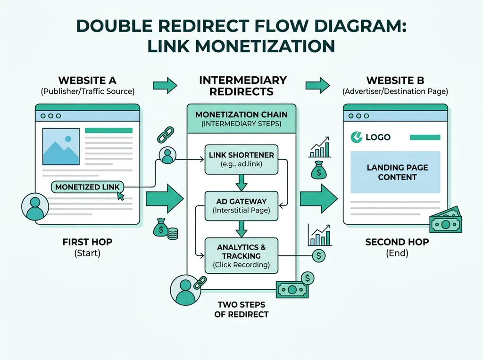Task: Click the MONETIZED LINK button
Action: click(87, 187)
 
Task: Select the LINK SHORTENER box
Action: click(241, 159)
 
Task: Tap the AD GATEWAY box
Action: click(241, 205)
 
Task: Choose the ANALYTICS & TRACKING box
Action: click(241, 256)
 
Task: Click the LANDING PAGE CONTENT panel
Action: click(398, 172)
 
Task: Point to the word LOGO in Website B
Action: click(378, 137)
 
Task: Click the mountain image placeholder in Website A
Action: click(61, 146)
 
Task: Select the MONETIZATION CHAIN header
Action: click(241, 119)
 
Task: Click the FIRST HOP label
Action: click(87, 242)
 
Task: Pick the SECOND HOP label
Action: click(397, 242)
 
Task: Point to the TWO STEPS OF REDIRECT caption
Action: click(241, 309)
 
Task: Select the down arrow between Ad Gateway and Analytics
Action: click(241, 229)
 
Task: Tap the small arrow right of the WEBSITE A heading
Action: click(165, 86)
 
